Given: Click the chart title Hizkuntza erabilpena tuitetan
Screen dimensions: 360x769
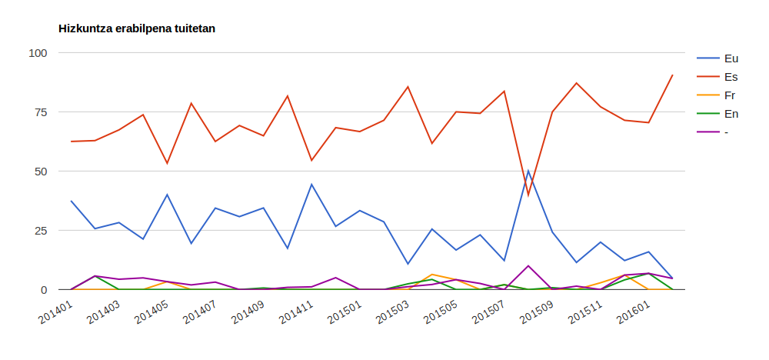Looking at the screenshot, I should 137,28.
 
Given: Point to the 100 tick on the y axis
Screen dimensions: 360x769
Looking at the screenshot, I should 38,53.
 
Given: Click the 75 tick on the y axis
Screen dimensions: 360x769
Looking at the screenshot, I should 41,112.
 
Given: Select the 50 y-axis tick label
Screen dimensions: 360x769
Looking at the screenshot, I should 41,172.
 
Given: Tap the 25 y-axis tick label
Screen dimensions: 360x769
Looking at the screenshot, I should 41,231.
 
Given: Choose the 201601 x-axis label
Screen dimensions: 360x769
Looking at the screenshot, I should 630,312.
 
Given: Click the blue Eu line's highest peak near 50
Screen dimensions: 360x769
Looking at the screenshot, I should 528,172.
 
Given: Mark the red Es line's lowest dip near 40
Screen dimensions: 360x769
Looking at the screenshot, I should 528,195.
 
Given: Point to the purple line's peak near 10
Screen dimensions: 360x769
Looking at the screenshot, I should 528,265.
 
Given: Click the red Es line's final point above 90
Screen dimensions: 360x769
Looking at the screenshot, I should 673,75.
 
